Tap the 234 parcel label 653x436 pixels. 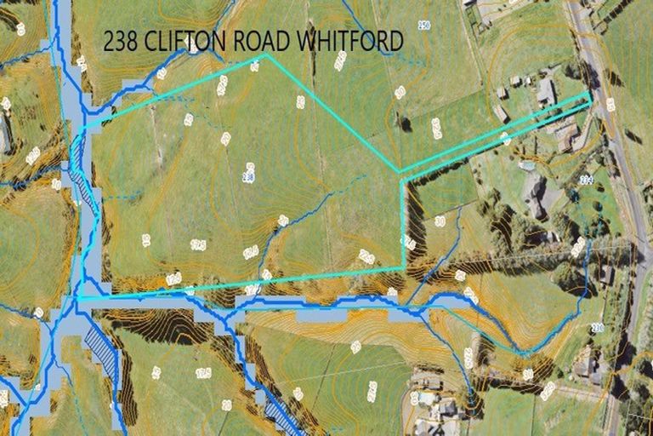609,180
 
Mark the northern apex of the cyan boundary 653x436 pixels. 265,54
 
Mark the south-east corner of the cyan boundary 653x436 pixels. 403,268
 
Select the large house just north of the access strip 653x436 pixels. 546,90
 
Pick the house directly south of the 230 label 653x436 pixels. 587,368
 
